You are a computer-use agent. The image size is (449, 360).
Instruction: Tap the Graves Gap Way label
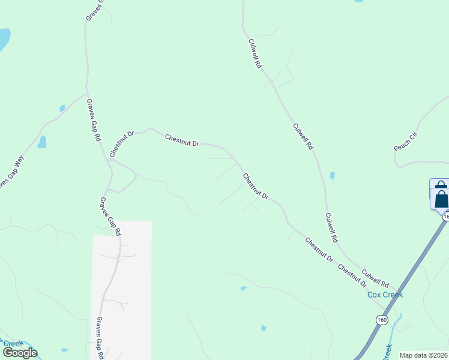tap(11, 173)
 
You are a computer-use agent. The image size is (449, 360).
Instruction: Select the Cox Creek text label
tap(385, 295)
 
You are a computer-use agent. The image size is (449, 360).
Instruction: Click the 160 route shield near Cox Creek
tap(382, 319)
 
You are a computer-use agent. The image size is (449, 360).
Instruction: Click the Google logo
tap(20, 353)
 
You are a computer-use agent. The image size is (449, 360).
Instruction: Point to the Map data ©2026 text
tap(424, 355)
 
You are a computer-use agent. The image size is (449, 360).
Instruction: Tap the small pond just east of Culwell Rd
tap(332, 176)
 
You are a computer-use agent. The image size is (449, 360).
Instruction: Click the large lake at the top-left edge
tap(4, 39)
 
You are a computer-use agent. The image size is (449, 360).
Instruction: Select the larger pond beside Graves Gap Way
tap(42, 142)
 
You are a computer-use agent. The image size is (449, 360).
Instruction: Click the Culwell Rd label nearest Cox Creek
tap(376, 275)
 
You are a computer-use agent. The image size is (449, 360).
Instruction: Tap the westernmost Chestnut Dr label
tap(121, 145)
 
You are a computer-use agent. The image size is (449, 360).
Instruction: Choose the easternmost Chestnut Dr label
tap(352, 272)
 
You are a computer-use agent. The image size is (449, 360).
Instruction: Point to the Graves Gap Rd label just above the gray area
tap(110, 216)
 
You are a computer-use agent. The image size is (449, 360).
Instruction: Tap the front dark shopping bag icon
tap(441, 198)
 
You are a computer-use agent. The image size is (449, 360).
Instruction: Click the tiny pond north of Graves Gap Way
tap(62, 108)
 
